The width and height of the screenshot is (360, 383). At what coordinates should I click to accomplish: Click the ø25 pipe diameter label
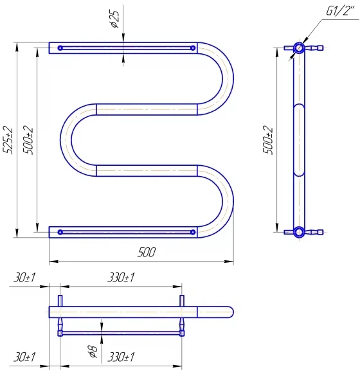pyautogui.click(x=115, y=19)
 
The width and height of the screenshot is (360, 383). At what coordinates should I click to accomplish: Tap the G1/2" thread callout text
pyautogui.click(x=340, y=11)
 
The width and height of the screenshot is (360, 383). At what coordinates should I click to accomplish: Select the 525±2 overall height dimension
pyautogui.click(x=8, y=140)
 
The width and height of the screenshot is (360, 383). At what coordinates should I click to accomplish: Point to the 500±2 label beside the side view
pyautogui.click(x=268, y=140)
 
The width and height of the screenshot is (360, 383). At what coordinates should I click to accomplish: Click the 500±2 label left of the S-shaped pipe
pyautogui.click(x=28, y=140)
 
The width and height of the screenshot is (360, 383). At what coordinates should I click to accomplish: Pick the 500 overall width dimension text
pyautogui.click(x=147, y=252)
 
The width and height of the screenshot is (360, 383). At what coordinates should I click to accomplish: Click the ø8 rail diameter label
pyautogui.click(x=93, y=352)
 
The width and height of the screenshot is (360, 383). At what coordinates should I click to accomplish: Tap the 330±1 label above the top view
pyautogui.click(x=121, y=278)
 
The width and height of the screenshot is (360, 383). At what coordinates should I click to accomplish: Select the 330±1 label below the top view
pyautogui.click(x=121, y=357)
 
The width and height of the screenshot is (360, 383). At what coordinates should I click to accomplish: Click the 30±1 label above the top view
pyautogui.click(x=24, y=278)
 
